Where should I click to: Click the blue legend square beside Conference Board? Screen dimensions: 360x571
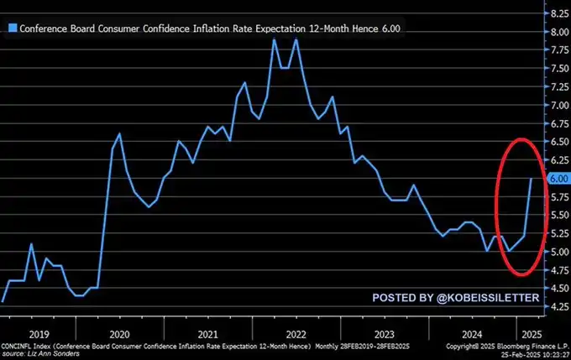[x=11, y=27]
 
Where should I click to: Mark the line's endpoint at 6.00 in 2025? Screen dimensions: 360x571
[x=531, y=179]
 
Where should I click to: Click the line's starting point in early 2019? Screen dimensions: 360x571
[x=3, y=300]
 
